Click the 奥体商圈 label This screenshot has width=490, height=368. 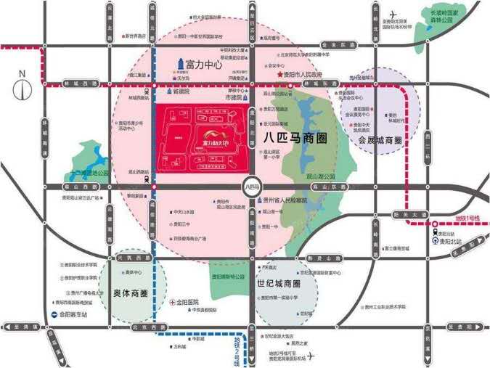coord(131,294)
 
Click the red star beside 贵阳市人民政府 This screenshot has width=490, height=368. coord(279,75)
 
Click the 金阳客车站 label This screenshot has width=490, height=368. coord(74,315)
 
